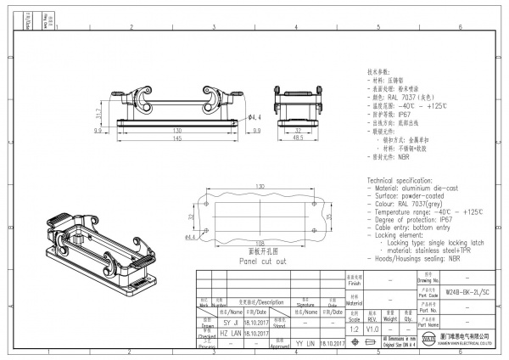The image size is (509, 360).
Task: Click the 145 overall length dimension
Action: coord(177,138)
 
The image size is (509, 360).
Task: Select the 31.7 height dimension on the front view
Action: coord(98,113)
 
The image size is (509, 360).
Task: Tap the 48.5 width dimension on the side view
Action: coord(299,138)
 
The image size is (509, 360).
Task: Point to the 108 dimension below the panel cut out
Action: coord(260,243)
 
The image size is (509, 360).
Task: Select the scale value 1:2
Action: coord(354,328)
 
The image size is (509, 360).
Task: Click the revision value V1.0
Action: coord(372,328)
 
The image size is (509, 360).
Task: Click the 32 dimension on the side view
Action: coord(299,130)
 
